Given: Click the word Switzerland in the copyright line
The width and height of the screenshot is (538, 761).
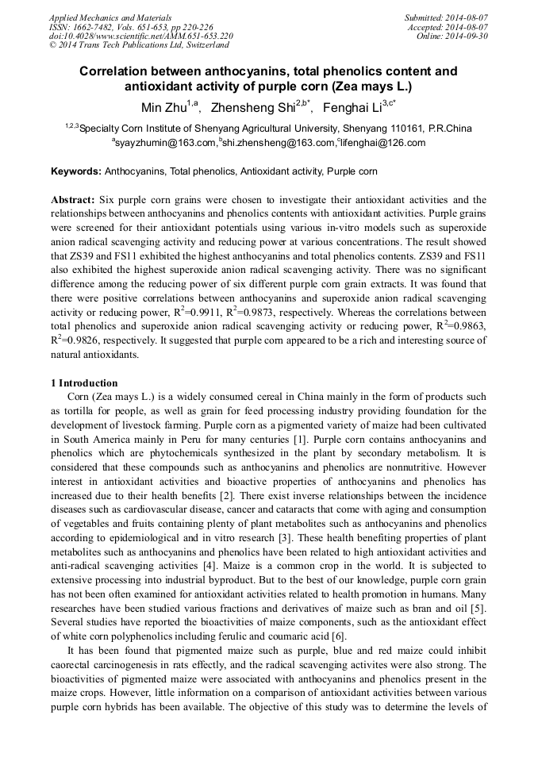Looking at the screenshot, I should pos(202,46).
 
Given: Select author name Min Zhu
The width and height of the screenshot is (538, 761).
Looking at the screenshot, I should pos(159,108).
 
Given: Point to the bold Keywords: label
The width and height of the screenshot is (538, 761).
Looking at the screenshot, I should pos(76,171).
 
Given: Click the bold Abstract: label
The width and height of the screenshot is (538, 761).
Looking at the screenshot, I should pos(73,200).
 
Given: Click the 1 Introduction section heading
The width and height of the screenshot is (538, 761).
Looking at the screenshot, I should pos(84,383).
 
